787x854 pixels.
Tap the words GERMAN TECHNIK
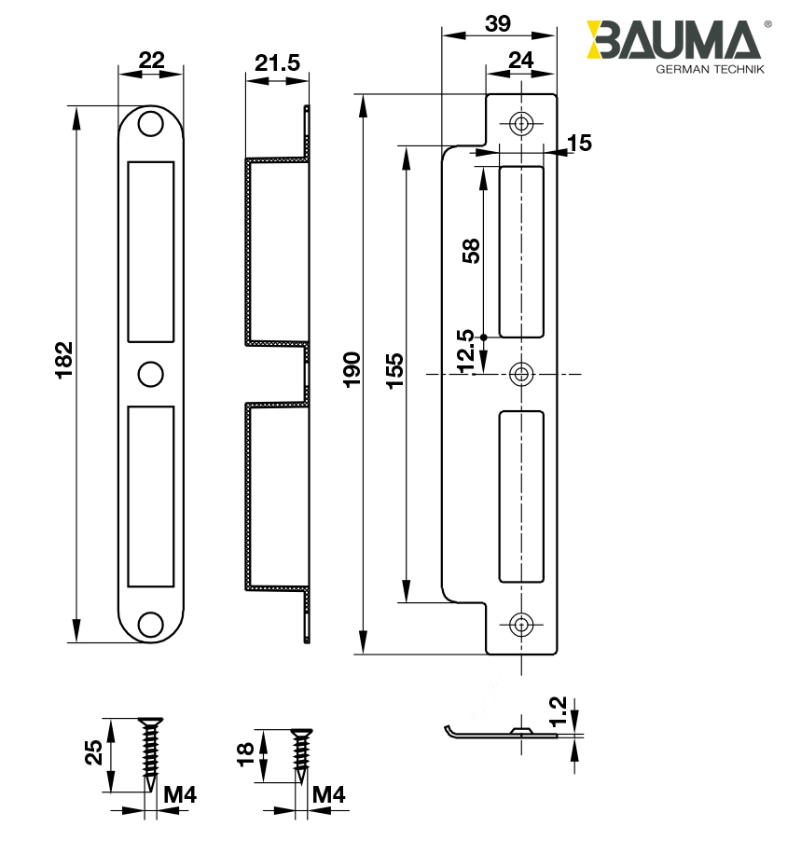tap(710, 71)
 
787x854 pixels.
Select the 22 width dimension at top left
tap(151, 61)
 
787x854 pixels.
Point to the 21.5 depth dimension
tap(277, 63)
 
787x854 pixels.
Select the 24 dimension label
tap(520, 61)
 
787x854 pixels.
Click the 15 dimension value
tap(579, 143)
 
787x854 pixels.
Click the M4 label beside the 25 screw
tap(179, 795)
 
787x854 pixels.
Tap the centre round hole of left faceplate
tap(149, 372)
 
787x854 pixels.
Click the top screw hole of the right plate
tap(521, 124)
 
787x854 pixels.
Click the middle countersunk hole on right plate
tap(521, 375)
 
